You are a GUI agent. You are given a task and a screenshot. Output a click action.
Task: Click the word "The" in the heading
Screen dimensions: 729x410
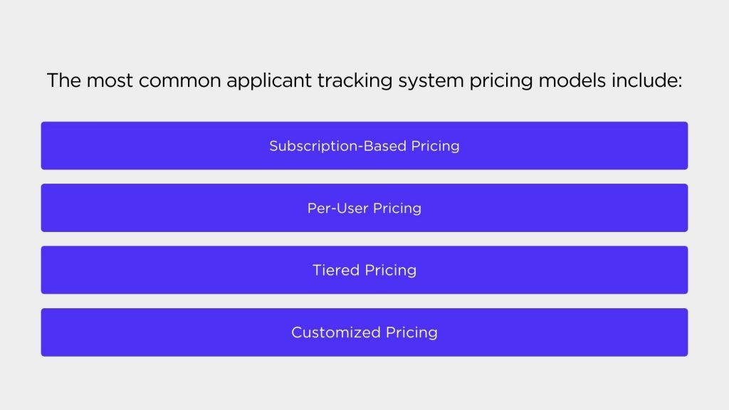click(64, 80)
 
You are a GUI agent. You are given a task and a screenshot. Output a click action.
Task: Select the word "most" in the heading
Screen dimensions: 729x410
click(110, 81)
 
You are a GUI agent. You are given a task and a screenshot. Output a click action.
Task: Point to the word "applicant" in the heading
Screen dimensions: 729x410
click(269, 81)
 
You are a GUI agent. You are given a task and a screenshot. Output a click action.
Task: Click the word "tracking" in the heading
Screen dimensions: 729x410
click(355, 81)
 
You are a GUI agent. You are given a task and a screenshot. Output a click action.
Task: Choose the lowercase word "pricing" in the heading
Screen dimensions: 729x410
click(501, 81)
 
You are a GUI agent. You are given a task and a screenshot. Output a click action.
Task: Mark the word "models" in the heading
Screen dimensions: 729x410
click(572, 80)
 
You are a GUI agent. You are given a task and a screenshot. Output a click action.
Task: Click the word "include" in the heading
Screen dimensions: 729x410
click(644, 80)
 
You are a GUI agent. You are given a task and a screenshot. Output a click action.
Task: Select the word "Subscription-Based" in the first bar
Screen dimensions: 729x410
click(338, 146)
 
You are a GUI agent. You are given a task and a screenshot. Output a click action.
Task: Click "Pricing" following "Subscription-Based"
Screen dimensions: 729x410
click(435, 147)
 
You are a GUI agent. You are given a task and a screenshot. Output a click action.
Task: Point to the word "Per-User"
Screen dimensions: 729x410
click(337, 208)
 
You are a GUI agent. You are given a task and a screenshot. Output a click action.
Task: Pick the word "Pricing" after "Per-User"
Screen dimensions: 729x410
click(397, 209)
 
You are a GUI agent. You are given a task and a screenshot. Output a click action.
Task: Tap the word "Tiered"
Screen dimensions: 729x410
click(336, 270)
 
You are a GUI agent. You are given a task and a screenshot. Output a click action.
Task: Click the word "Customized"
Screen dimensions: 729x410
click(336, 332)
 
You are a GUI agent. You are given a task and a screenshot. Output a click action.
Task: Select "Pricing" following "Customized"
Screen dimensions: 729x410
click(411, 333)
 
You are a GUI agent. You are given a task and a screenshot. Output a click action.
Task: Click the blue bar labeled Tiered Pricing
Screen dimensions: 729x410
click(364, 270)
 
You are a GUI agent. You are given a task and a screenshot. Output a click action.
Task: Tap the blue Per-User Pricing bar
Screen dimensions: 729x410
click(364, 208)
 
